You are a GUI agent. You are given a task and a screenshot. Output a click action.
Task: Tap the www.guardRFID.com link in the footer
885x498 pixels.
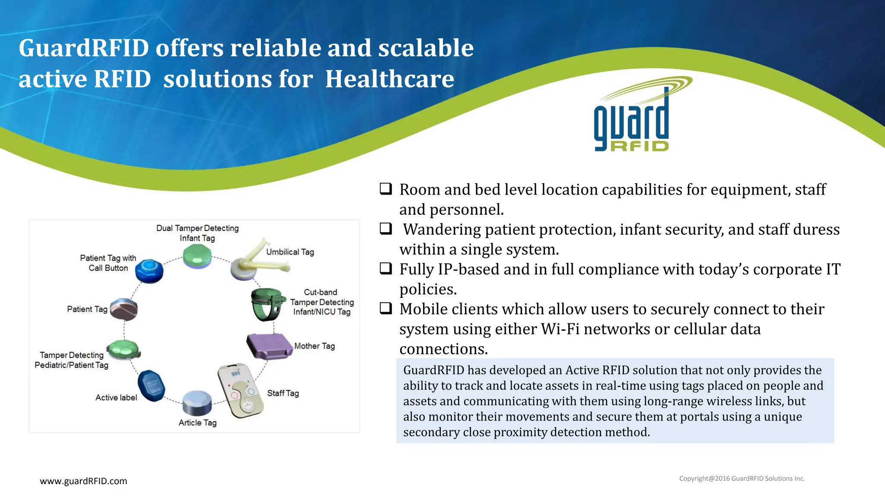[83, 481]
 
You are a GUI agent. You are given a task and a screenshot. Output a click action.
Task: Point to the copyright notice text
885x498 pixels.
[742, 479]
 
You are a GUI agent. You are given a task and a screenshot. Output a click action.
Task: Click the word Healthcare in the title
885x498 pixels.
[389, 79]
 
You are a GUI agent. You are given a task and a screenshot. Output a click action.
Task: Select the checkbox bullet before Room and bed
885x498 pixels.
[385, 188]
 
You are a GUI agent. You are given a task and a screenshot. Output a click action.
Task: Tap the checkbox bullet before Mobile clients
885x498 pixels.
[385, 308]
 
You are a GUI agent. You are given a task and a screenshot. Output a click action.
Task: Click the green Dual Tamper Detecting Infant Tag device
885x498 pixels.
[197, 256]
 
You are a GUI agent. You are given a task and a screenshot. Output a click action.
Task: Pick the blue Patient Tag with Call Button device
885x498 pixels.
[149, 271]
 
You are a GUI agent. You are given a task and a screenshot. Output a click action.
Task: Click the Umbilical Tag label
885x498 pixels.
[290, 252]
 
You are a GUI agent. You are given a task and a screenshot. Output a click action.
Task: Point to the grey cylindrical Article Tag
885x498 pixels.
[197, 402]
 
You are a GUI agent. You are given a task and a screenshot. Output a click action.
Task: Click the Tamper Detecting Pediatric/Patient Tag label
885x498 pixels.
[71, 360]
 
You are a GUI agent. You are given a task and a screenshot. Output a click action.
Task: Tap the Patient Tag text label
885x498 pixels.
[87, 309]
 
